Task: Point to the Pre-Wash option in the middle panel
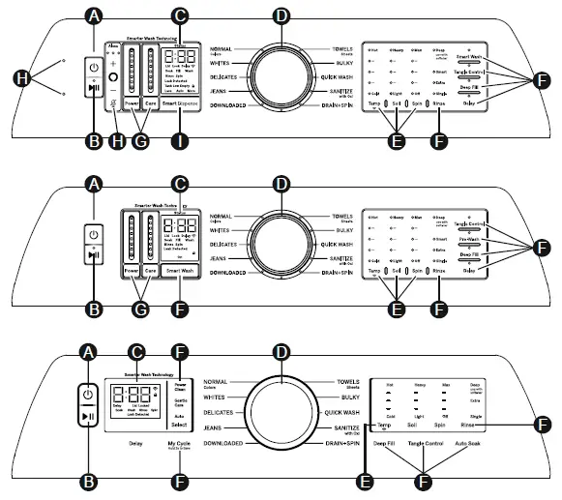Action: click(x=469, y=238)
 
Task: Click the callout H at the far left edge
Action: click(x=18, y=77)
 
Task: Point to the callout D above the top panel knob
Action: click(x=281, y=15)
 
